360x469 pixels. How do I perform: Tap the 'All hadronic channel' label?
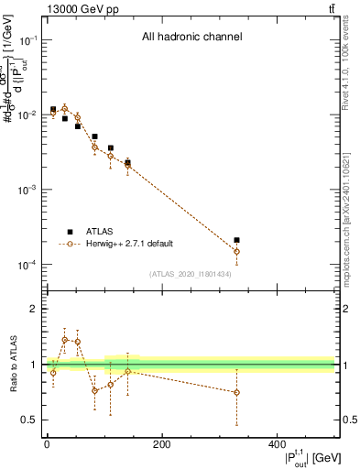[191, 37]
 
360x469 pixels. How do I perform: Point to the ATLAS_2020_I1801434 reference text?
[191, 274]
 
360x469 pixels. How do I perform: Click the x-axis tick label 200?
[161, 444]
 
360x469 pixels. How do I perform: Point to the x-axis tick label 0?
[47, 444]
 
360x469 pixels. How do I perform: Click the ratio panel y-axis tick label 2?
[33, 309]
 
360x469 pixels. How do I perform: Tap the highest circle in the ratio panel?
[65, 340]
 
